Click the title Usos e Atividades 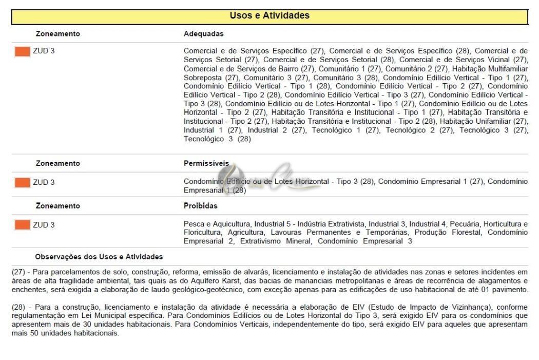coord(269,15)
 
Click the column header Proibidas coord(200,206)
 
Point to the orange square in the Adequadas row coord(22,51)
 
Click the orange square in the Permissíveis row coord(22,182)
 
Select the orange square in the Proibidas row coord(22,225)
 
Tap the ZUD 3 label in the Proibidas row coord(44,225)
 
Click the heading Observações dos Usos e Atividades coord(99,256)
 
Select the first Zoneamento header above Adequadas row coord(57,34)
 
